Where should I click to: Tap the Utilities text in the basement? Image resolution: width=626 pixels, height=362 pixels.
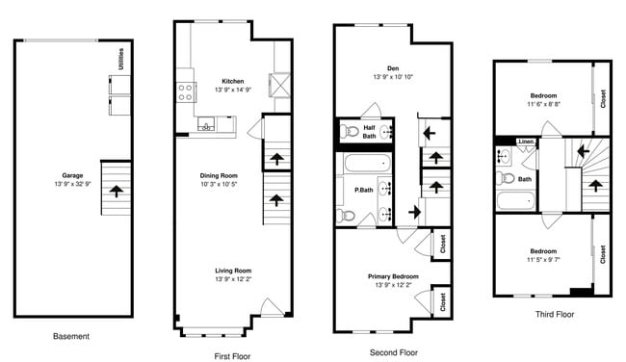[x=121, y=59]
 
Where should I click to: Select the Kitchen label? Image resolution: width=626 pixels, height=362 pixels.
[x=232, y=81]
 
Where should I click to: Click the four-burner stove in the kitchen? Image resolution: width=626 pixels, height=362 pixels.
[x=186, y=92]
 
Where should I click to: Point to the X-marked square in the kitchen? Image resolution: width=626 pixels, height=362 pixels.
[x=280, y=86]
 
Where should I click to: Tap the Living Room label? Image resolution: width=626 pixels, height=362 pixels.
[x=232, y=271]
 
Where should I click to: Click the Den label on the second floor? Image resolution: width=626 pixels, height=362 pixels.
[x=392, y=68]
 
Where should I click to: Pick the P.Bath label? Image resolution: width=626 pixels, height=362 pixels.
[x=364, y=190]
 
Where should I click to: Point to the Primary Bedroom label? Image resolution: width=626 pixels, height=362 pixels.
[x=391, y=276]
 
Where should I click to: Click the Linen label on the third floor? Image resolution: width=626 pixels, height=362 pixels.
[x=525, y=142]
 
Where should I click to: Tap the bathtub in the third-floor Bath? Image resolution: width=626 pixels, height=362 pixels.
[x=515, y=201]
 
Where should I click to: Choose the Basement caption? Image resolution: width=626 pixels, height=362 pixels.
[x=70, y=336]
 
